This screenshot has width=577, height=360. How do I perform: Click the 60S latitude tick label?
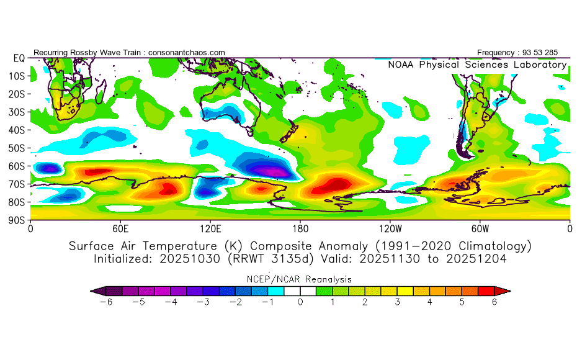[x=16, y=166]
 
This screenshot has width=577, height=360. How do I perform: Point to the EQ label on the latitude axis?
[x=19, y=58]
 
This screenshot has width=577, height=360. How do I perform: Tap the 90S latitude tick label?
[x=16, y=220]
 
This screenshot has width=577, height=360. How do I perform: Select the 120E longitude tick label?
[x=210, y=228]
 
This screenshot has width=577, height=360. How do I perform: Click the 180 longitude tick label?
[x=300, y=228]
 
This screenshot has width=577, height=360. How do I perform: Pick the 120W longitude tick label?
[x=390, y=228]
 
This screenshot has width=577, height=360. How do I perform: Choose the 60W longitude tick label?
[x=480, y=228]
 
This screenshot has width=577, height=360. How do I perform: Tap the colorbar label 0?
[x=300, y=302]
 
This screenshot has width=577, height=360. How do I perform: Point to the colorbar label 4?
[x=430, y=302]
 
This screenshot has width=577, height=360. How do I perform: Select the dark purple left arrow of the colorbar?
[x=95, y=290]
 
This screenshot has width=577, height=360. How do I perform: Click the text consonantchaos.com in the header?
[x=187, y=52]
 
